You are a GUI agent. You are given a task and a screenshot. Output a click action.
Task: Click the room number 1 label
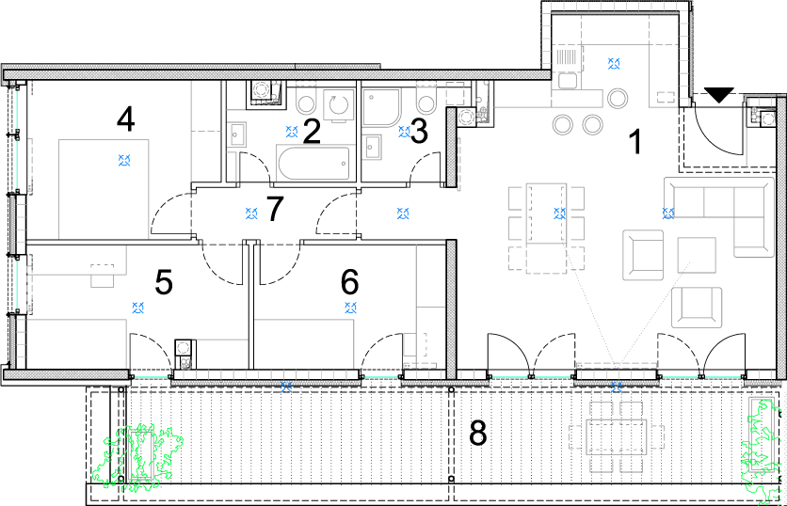pos(635,141)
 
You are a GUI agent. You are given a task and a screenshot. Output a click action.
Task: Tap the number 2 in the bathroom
pos(312,132)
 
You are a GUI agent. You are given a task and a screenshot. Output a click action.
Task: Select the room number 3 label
pos(419,132)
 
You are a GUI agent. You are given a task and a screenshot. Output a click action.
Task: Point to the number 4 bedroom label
pos(125,120)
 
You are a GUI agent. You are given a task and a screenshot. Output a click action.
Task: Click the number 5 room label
pos(164,282)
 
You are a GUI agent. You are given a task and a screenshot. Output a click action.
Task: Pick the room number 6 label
pos(350,282)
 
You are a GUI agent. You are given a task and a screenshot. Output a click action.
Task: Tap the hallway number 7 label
pos(275,209)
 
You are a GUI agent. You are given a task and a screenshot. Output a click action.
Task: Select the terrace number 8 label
pos(478,433)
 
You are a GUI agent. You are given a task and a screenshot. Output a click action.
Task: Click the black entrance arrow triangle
pos(718,94)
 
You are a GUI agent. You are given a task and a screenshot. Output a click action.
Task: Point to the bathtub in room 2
pos(313,163)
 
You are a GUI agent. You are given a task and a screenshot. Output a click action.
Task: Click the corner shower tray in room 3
pos(381,108)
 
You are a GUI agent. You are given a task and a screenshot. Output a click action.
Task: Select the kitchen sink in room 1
pos(567,81)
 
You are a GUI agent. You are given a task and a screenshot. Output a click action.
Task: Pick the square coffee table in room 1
pos(697,255)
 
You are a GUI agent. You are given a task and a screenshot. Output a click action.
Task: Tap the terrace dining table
pos(617,437)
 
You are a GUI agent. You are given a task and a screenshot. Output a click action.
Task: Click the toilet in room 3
pos(426,100)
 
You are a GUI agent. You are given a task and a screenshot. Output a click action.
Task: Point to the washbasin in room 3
pos(372,147)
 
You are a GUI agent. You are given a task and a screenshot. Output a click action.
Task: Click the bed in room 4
pos(104,189)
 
